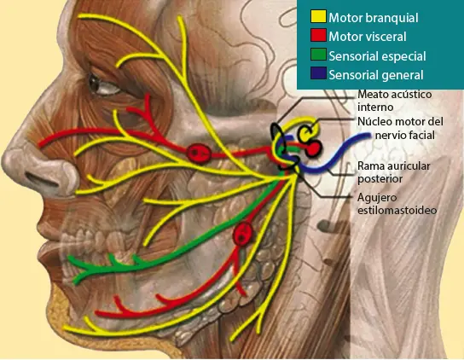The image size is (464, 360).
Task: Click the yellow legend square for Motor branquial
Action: click(x=318, y=17)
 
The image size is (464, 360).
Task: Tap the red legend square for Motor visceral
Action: click(x=318, y=37)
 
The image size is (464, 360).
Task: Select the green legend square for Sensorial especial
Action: click(x=318, y=56)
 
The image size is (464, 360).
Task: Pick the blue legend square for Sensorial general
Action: click(x=318, y=75)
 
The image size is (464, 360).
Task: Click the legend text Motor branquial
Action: click(x=374, y=17)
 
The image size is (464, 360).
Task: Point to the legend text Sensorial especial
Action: click(x=377, y=56)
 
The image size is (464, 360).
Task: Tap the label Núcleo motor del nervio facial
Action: click(x=401, y=129)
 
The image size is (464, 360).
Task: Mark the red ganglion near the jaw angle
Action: click(x=244, y=234)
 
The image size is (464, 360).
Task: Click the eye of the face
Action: click(x=106, y=84)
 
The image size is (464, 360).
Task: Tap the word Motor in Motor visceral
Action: click(x=345, y=37)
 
